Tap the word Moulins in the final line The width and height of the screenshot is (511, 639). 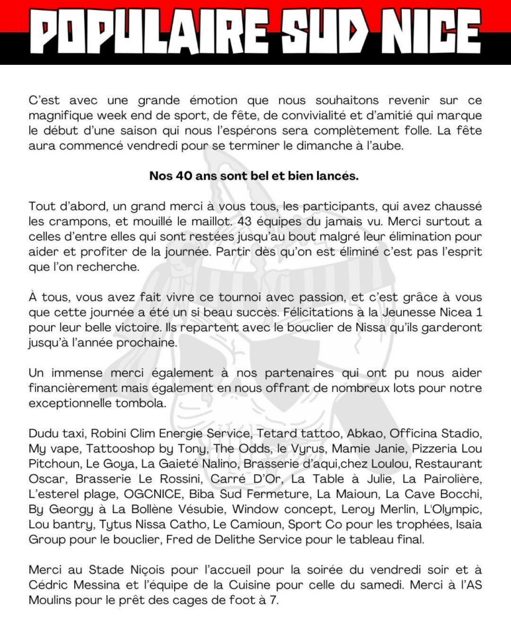click(52, 599)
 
